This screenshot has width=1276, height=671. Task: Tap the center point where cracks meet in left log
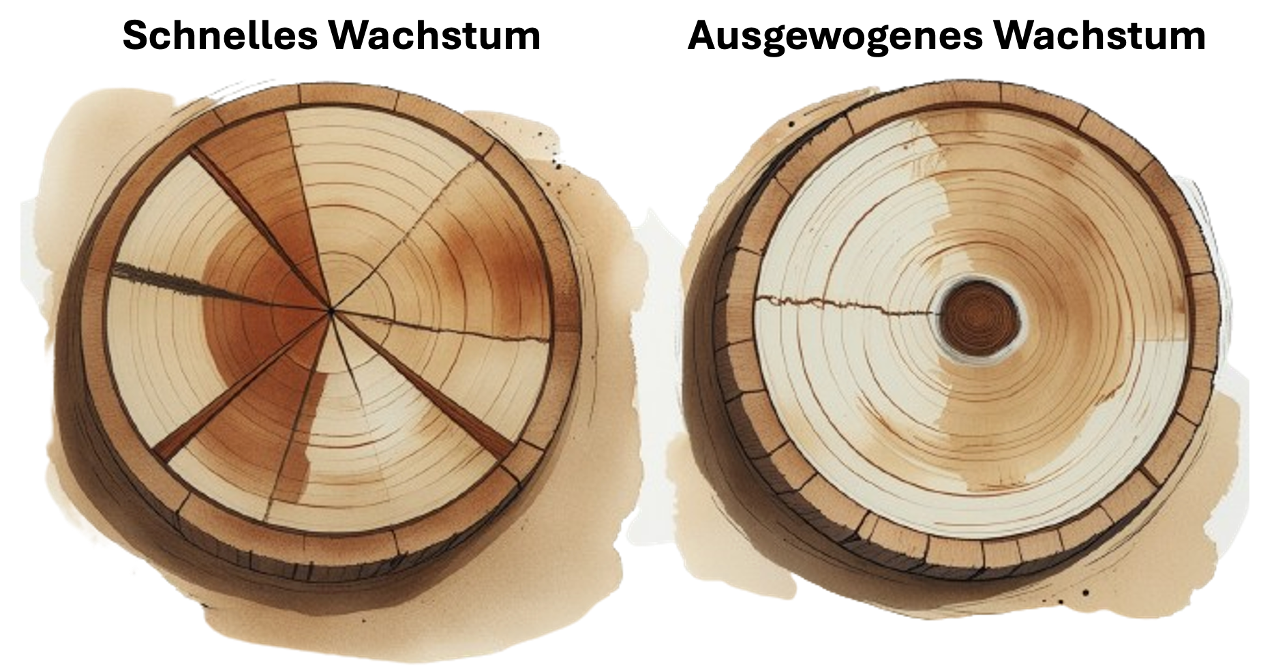[331, 310]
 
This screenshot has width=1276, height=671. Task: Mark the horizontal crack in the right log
[845, 304]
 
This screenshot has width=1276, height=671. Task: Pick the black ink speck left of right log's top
[790, 125]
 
